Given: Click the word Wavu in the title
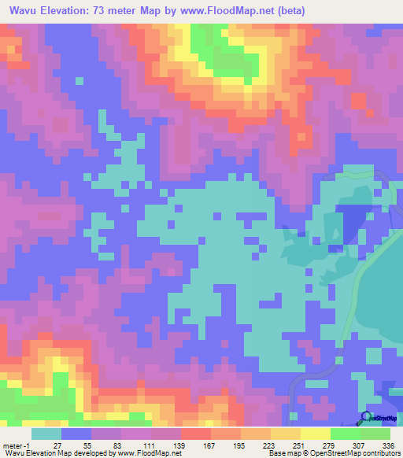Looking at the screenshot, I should (x=25, y=11).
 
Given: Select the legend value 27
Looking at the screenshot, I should (x=68, y=445).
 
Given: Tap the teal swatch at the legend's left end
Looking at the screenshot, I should (x=46, y=434).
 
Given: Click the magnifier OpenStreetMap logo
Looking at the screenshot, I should (x=364, y=419).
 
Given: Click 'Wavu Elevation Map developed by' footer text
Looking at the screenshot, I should (x=54, y=453).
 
